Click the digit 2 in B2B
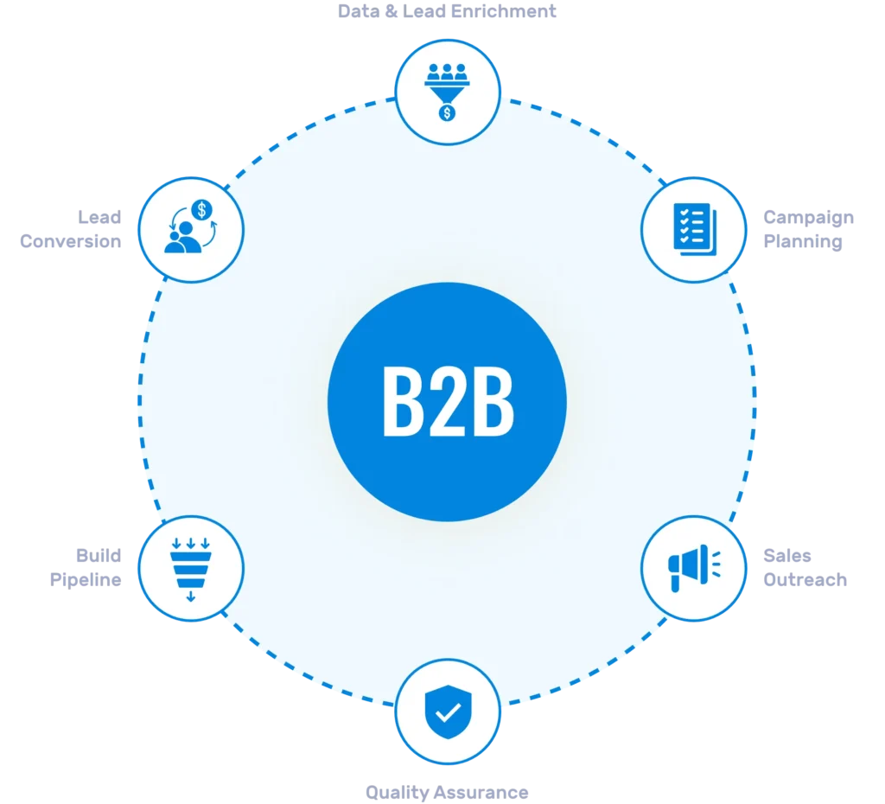[x=448, y=403]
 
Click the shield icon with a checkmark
[x=447, y=711]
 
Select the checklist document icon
[x=692, y=229]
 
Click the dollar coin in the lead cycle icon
[x=202, y=209]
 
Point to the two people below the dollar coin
[x=181, y=239]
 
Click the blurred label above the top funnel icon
[x=446, y=12]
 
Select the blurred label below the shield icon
[x=445, y=791]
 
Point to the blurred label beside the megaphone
[x=805, y=567]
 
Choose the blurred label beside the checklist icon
[x=809, y=229]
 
